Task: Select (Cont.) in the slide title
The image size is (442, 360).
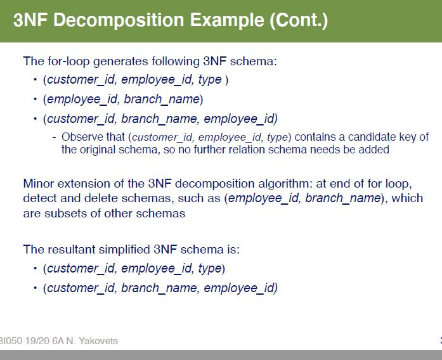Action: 298,21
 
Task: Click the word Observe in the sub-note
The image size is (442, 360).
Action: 81,137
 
